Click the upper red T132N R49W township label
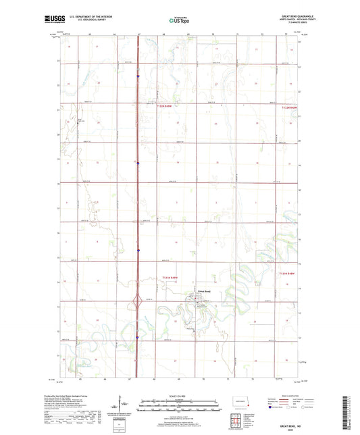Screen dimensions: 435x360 point(168,106)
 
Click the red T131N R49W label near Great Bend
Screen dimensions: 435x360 point(174,278)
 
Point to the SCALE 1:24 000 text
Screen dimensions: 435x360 point(179,396)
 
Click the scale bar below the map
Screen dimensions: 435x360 point(179,407)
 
